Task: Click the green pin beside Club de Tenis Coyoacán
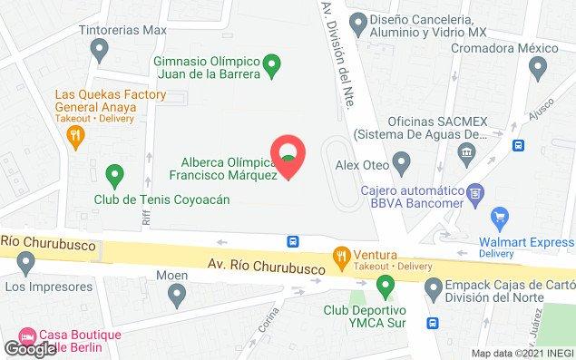pos(114,172)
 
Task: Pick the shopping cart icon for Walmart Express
pos(497,217)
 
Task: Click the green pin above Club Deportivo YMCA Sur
pos(385,287)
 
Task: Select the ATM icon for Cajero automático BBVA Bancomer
pos(473,192)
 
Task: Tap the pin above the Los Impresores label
pos(26,263)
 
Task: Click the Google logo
pos(30,348)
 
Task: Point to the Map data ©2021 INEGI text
pos(522,353)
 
